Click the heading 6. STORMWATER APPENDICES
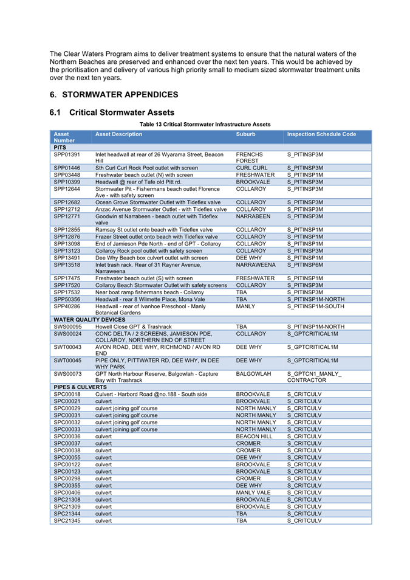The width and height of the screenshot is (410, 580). (114, 95)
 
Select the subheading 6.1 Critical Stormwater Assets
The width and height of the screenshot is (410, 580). (112, 112)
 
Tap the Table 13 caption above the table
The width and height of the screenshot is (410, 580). (205, 124)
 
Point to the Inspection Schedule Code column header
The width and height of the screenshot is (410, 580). (321, 134)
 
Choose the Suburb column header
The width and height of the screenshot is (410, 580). (246, 134)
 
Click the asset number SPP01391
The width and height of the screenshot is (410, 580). (67, 155)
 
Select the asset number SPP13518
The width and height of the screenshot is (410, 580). (67, 265)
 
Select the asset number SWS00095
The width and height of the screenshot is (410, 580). (67, 326)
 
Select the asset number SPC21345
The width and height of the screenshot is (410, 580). (66, 520)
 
